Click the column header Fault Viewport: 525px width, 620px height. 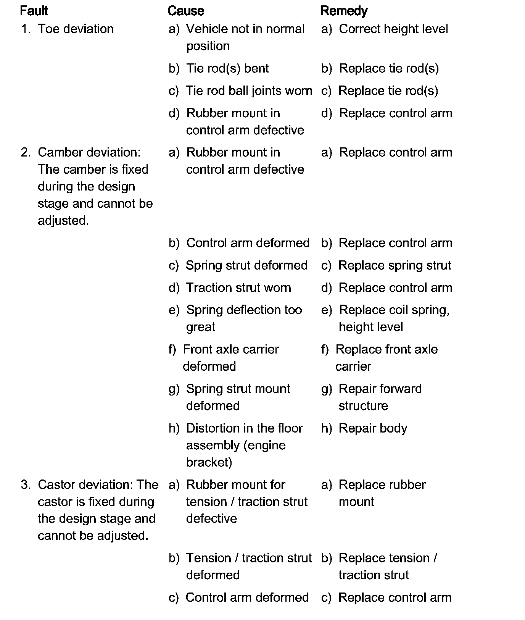(x=34, y=11)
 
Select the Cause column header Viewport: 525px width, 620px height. (x=186, y=11)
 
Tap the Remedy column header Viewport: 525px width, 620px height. (x=344, y=11)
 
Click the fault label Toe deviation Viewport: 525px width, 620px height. (x=76, y=29)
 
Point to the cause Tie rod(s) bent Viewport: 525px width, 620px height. (x=227, y=68)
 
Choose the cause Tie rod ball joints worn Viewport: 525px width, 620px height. (x=249, y=91)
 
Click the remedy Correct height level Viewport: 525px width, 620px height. (x=393, y=29)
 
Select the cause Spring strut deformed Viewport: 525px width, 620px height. (x=246, y=265)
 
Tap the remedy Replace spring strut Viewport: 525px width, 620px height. (x=395, y=265)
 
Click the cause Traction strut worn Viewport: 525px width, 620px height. (x=238, y=288)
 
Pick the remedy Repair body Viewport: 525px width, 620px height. (x=373, y=428)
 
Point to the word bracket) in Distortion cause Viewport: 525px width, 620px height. (x=209, y=462)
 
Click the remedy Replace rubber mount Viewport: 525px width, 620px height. (x=382, y=493)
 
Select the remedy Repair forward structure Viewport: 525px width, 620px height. (x=380, y=397)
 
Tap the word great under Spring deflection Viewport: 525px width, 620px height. (x=201, y=327)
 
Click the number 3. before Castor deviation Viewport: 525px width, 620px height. (x=26, y=485)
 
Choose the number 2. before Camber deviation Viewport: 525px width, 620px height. (x=26, y=152)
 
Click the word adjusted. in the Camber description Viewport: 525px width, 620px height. (x=63, y=221)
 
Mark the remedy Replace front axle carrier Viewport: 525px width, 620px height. (x=386, y=358)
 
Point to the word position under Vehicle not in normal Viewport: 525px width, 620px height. (x=208, y=46)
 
